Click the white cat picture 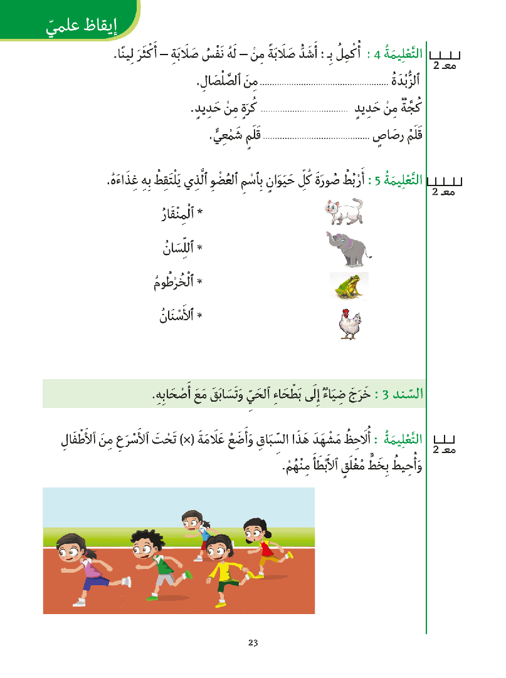coord(344,211)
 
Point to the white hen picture coord(349,324)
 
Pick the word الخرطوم coord(176,283)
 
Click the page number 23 coord(253,642)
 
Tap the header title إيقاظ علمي coord(82,26)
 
